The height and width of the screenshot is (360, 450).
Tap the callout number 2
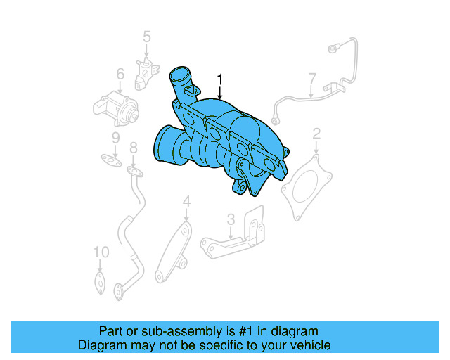(x=316, y=134)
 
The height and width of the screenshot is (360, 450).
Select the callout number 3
(x=230, y=220)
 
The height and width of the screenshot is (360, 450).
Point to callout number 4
(x=186, y=202)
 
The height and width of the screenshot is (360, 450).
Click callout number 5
(x=147, y=35)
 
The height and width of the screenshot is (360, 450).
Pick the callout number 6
(x=120, y=73)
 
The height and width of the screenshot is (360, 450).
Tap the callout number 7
(x=312, y=77)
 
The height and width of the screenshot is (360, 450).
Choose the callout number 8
(x=132, y=147)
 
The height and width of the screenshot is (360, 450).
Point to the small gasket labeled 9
(x=108, y=159)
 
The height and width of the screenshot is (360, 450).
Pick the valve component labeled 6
(x=115, y=105)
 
